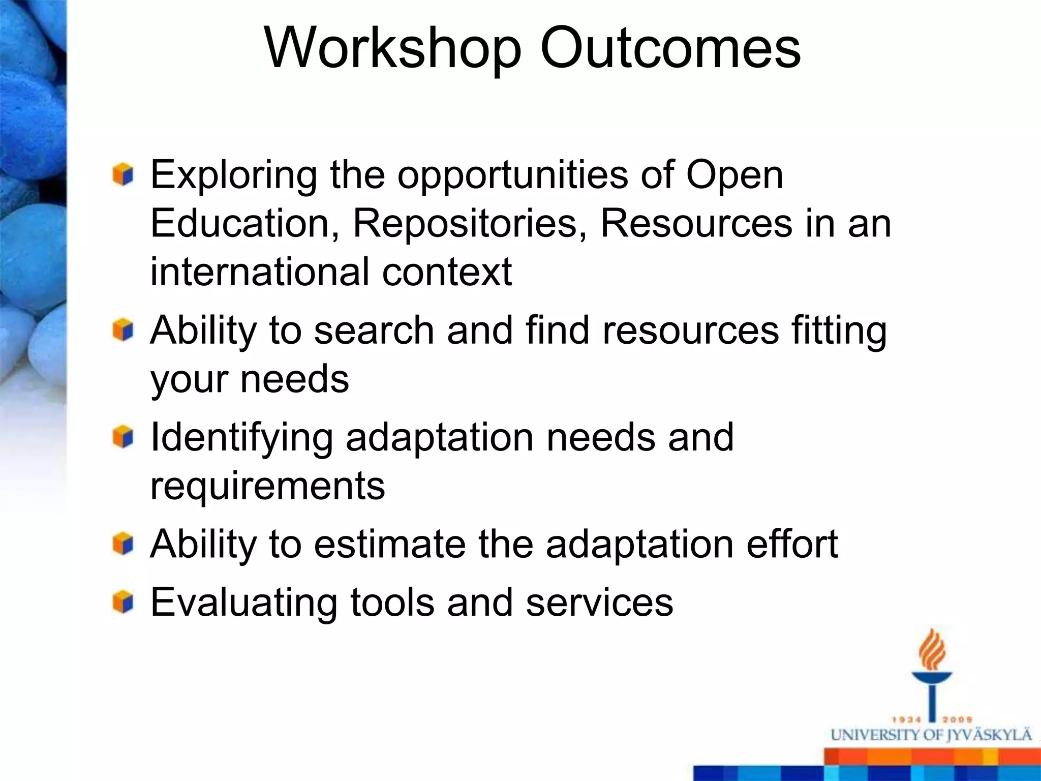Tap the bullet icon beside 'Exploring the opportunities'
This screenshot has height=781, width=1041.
[x=123, y=175]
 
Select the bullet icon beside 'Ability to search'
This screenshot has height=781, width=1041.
[x=123, y=331]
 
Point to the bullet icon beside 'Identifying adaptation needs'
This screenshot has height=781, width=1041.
[x=123, y=437]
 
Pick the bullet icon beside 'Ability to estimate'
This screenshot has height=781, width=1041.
[x=123, y=545]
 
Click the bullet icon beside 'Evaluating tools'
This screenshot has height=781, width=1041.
[x=123, y=602]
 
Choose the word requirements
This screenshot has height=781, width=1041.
[x=267, y=486]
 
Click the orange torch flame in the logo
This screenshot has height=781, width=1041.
[x=932, y=650]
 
